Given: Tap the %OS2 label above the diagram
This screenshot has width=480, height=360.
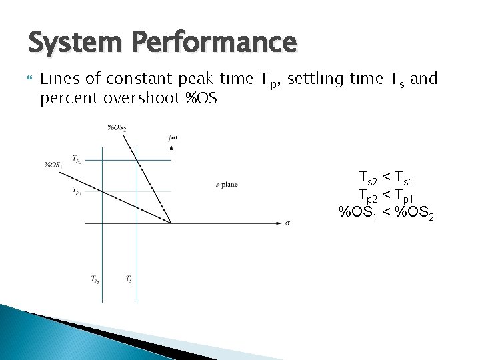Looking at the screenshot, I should pyautogui.click(x=117, y=127).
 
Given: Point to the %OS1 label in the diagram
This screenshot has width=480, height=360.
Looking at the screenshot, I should pyautogui.click(x=52, y=164).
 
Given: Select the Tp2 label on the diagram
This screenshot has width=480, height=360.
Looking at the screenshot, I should pyautogui.click(x=77, y=159).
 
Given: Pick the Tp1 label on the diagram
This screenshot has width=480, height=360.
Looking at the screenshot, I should pyautogui.click(x=77, y=190).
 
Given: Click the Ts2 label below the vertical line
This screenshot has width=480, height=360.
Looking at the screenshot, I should pyautogui.click(x=95, y=279).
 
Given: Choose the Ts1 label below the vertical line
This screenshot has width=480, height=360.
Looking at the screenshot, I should pyautogui.click(x=130, y=279).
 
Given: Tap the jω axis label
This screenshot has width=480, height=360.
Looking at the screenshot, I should pyautogui.click(x=173, y=138).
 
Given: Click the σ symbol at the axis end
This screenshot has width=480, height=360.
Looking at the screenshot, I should pyautogui.click(x=287, y=223).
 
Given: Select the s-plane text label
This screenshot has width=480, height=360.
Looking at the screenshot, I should pyautogui.click(x=227, y=185).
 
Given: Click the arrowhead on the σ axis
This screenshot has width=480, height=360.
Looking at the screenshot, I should pyautogui.click(x=277, y=223).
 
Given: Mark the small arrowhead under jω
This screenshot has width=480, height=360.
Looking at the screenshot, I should pyautogui.click(x=172, y=147).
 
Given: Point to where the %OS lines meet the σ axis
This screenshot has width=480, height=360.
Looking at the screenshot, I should pyautogui.click(x=171, y=223).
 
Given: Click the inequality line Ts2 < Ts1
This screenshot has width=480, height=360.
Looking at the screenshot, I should pyautogui.click(x=387, y=178).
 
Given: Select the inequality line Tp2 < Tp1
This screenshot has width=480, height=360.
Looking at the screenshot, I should pyautogui.click(x=387, y=195).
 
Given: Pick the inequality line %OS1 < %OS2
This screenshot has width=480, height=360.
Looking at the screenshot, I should pyautogui.click(x=387, y=213).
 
